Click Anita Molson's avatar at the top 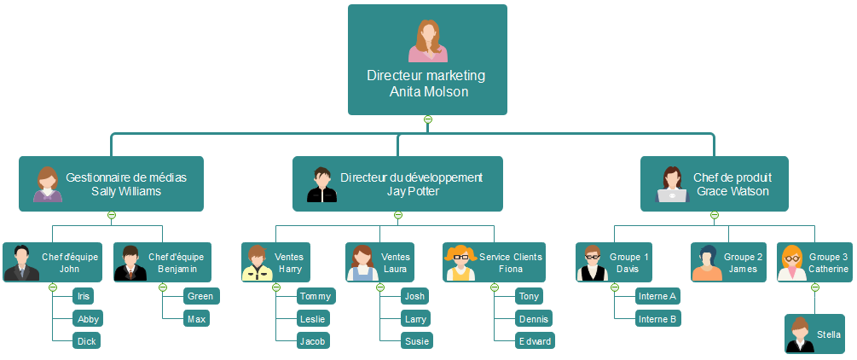pyautogui.click(x=427, y=41)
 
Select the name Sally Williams pyautogui.click(x=126, y=191)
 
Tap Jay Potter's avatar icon pyautogui.click(x=321, y=184)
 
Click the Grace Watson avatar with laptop pyautogui.click(x=672, y=184)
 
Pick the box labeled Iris pyautogui.click(x=84, y=296)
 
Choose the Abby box pyautogui.click(x=88, y=318)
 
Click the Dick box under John pyautogui.click(x=87, y=340)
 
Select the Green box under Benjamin pyautogui.click(x=200, y=296)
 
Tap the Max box pyautogui.click(x=196, y=318)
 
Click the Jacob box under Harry pyautogui.click(x=313, y=340)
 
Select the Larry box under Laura pyautogui.click(x=415, y=318)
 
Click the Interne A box pyautogui.click(x=657, y=296)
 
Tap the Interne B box pyautogui.click(x=657, y=318)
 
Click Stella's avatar pyautogui.click(x=800, y=334)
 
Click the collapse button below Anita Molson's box pyautogui.click(x=428, y=119)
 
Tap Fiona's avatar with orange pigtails pyautogui.click(x=460, y=263)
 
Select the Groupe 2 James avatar pyautogui.click(x=707, y=263)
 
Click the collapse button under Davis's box pyautogui.click(x=615, y=287)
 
